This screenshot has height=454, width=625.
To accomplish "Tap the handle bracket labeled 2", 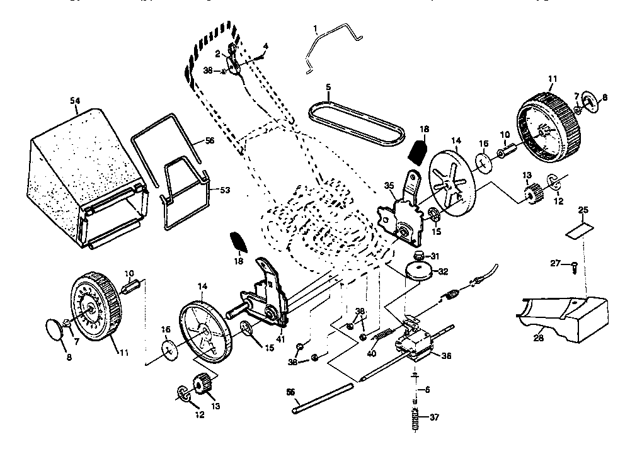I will [234, 60].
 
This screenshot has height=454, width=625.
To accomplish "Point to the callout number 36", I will [446, 356].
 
